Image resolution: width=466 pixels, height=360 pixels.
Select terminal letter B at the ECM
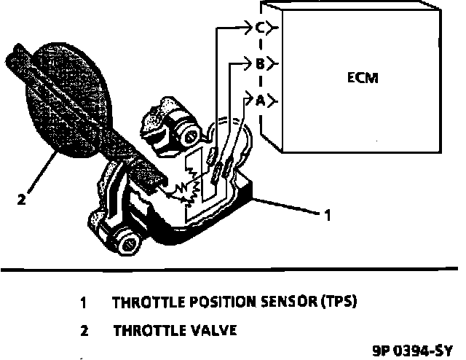[259, 64]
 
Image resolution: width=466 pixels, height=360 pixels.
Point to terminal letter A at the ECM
[259, 101]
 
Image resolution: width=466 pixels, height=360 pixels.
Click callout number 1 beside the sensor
[328, 215]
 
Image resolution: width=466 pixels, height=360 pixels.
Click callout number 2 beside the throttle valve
[22, 197]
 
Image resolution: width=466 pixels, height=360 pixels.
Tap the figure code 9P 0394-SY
[410, 349]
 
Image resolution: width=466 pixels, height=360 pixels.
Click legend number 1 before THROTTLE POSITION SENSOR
[84, 302]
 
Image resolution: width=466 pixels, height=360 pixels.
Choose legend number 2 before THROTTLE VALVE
[84, 330]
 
